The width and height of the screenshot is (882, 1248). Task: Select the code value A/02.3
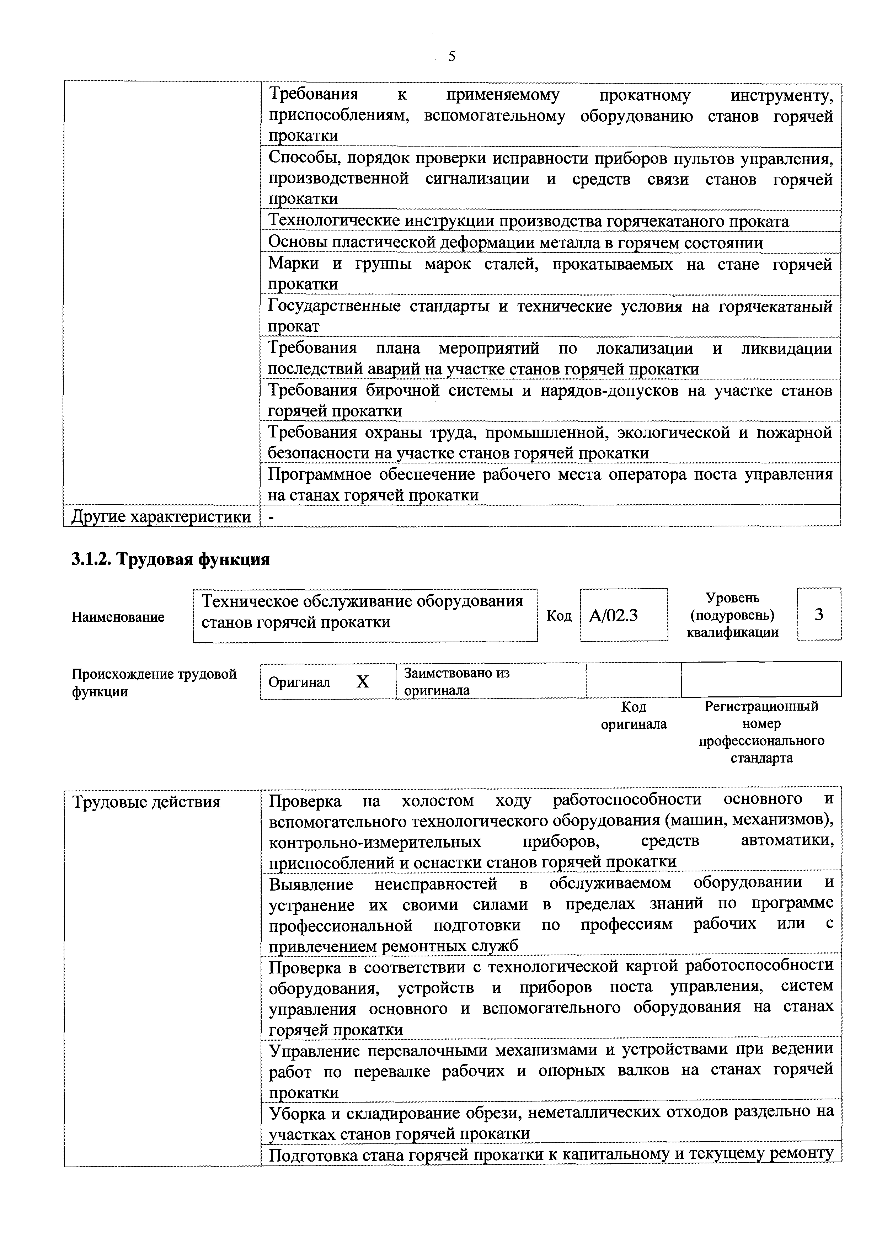[x=614, y=615]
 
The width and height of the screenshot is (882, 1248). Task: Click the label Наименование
[x=118, y=617]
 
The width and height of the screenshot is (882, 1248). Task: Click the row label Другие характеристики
[x=161, y=516]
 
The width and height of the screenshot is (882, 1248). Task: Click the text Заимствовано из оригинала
[x=456, y=681]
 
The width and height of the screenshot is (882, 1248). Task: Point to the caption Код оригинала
[x=633, y=715]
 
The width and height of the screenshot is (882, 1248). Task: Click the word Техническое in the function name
[x=250, y=601]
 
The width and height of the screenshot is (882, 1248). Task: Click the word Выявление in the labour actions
[x=311, y=885]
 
